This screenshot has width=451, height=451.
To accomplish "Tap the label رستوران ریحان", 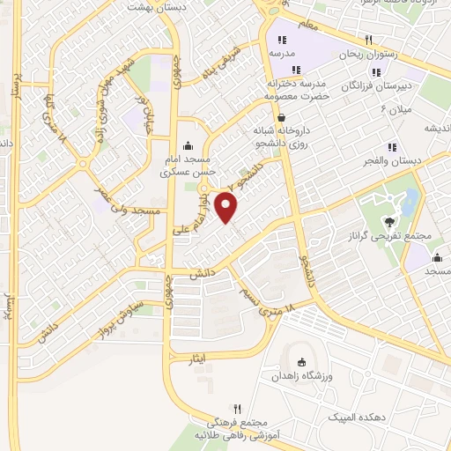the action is pyautogui.click(x=369, y=54).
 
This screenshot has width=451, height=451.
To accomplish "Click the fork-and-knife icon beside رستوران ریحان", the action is pyautogui.click(x=369, y=40).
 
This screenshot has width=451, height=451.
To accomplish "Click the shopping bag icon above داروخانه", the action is pyautogui.click(x=280, y=116).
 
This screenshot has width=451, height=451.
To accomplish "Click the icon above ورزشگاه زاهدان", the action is pyautogui.click(x=302, y=362).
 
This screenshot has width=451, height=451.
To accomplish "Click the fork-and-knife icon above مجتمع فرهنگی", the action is pyautogui.click(x=236, y=410).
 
